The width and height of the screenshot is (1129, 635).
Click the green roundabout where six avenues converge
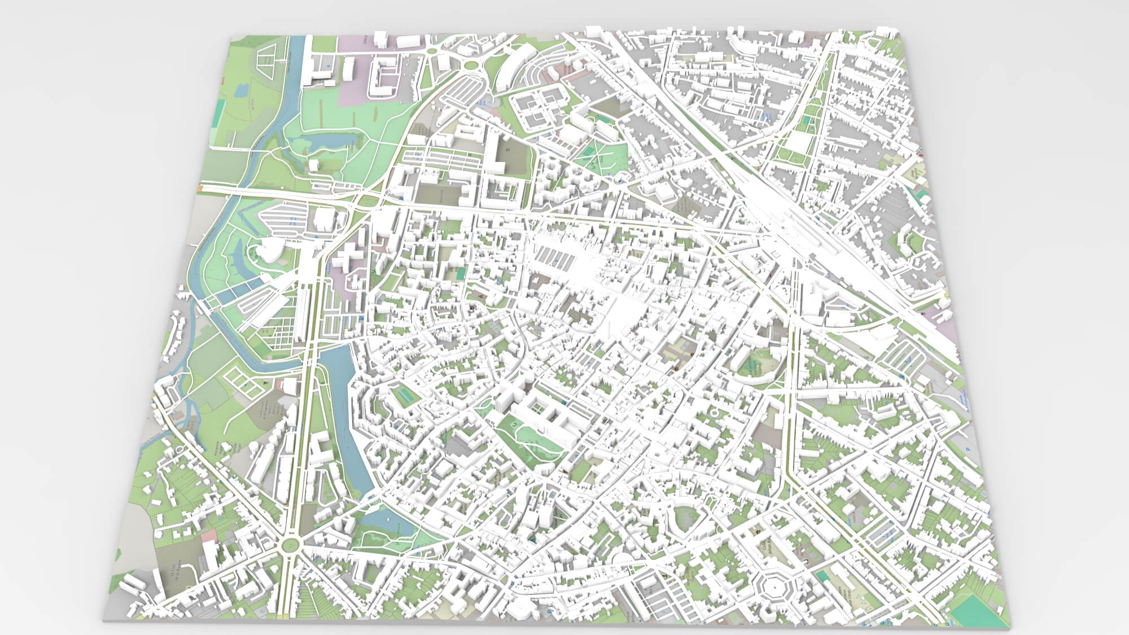[291, 545]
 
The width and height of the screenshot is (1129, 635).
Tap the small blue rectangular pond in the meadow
[241, 89]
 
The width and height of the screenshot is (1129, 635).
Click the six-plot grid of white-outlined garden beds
[244, 379]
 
